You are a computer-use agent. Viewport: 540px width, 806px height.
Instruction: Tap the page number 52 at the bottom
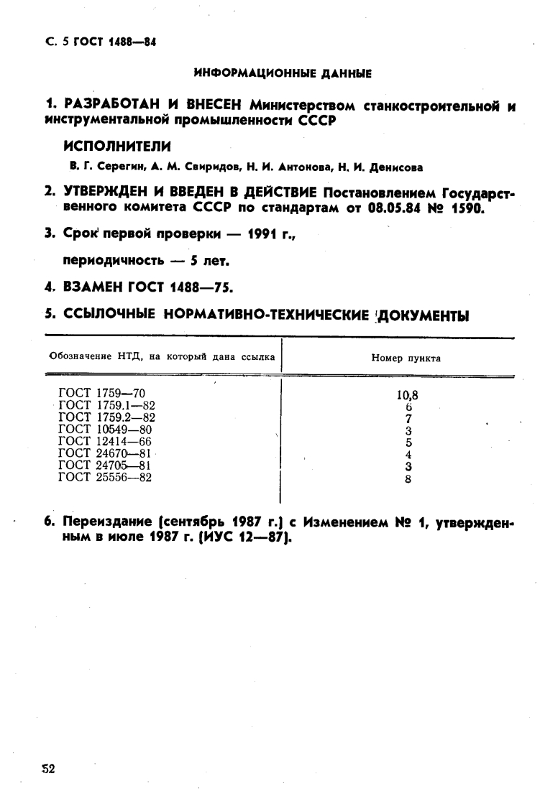point(47,769)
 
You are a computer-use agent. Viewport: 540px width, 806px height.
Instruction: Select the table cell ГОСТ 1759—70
point(101,393)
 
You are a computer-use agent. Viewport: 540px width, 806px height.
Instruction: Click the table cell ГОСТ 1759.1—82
point(106,405)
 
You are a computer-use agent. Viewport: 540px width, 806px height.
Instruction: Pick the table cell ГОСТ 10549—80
point(104,430)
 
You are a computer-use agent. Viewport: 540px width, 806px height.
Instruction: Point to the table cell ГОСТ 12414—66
point(104,442)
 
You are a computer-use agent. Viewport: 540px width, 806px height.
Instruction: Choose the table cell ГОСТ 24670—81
point(104,454)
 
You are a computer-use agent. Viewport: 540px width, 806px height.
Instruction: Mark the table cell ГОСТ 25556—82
point(104,478)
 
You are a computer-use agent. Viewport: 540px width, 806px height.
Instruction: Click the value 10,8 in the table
point(407,394)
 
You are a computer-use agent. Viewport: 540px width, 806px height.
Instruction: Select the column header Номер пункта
point(406,358)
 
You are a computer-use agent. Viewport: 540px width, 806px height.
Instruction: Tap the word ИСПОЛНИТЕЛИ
point(117,146)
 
